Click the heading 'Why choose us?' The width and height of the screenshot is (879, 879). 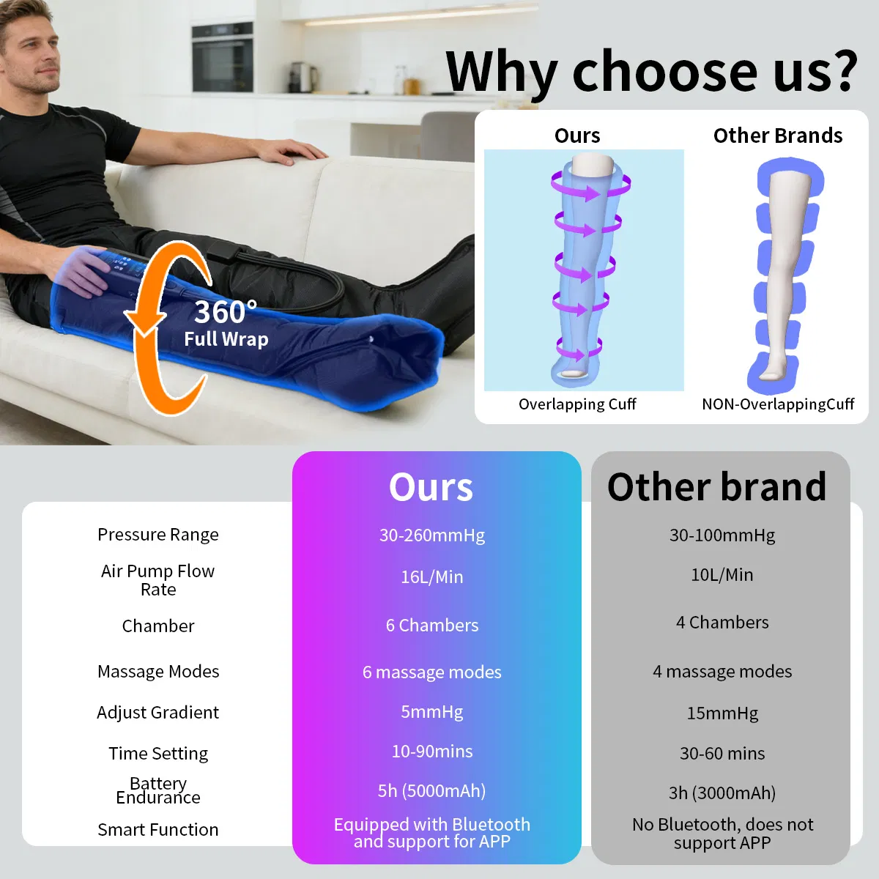pyautogui.click(x=651, y=71)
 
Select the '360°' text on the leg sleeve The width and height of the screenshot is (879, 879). pyautogui.click(x=225, y=312)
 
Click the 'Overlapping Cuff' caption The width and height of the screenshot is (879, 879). pyautogui.click(x=577, y=404)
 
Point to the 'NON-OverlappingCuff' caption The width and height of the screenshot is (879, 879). pyautogui.click(x=778, y=404)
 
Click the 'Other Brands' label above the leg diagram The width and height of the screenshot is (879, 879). pyautogui.click(x=778, y=136)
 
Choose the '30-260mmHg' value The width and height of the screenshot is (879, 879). pyautogui.click(x=432, y=535)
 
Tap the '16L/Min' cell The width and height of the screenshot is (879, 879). pyautogui.click(x=432, y=577)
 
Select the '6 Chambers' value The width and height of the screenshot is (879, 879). pyautogui.click(x=432, y=626)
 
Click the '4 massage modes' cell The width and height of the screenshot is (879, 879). pyautogui.click(x=722, y=672)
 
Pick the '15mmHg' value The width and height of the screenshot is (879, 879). pyautogui.click(x=722, y=713)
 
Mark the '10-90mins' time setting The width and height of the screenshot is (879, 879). pyautogui.click(x=432, y=752)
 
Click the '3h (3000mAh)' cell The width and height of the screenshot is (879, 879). pyautogui.click(x=722, y=793)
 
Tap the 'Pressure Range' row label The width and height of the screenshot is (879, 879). pyautogui.click(x=158, y=535)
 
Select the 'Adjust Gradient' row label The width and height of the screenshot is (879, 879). pyautogui.click(x=158, y=713)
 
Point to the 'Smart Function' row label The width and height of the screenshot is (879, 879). pyautogui.click(x=158, y=830)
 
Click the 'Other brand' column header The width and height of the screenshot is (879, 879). pyautogui.click(x=717, y=487)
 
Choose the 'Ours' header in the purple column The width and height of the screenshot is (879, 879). pyautogui.click(x=431, y=487)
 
